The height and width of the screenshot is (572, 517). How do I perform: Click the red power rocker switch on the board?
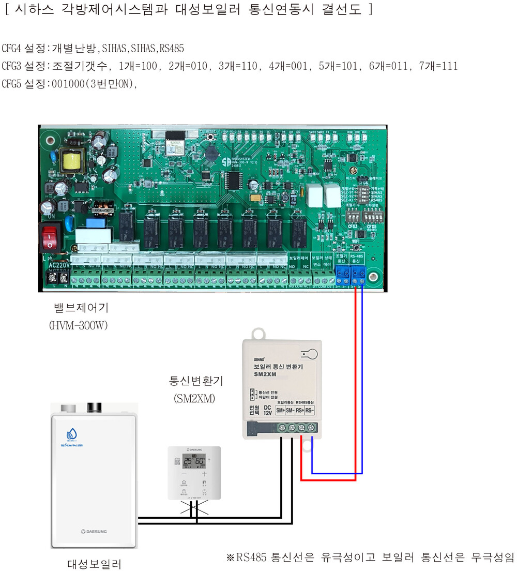(x=50, y=238)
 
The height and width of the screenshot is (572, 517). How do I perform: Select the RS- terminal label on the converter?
(x=309, y=411)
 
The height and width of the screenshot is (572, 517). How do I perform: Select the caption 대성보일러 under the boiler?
(x=94, y=563)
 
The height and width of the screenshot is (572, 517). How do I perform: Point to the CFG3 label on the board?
(x=353, y=226)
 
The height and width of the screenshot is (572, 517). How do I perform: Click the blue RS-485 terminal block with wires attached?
(x=358, y=272)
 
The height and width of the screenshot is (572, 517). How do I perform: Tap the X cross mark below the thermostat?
(x=194, y=509)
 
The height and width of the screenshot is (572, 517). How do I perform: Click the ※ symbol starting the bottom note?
(x=231, y=557)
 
